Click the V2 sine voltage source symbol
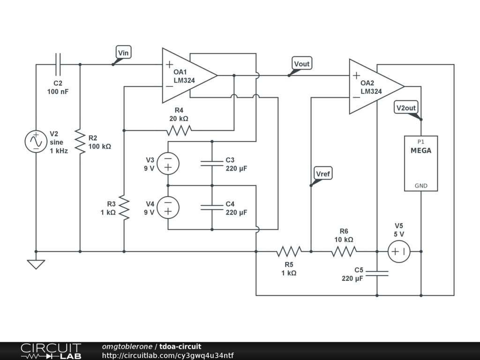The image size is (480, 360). [36, 142]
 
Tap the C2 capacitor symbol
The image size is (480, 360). [58, 64]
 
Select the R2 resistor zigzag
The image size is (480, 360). [80, 142]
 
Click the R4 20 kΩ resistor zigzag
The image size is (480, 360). [179, 130]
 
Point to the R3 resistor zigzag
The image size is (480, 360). [124, 208]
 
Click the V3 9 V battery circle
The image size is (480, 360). [168, 164]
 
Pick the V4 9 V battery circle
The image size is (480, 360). [168, 208]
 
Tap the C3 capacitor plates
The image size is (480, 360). [212, 164]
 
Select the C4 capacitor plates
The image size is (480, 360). [212, 208]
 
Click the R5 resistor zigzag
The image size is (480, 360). [289, 252]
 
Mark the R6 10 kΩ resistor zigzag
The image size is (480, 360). [344, 252]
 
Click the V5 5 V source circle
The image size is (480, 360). [399, 252]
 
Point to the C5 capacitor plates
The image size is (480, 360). [377, 274]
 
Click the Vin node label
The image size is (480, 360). [124, 52]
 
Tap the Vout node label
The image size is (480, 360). [302, 63]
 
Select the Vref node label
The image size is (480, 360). [323, 173]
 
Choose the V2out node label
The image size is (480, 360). [406, 108]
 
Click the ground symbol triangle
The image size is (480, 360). [36, 264]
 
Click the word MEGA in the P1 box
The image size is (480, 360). [421, 150]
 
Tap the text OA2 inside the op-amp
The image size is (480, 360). [367, 83]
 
